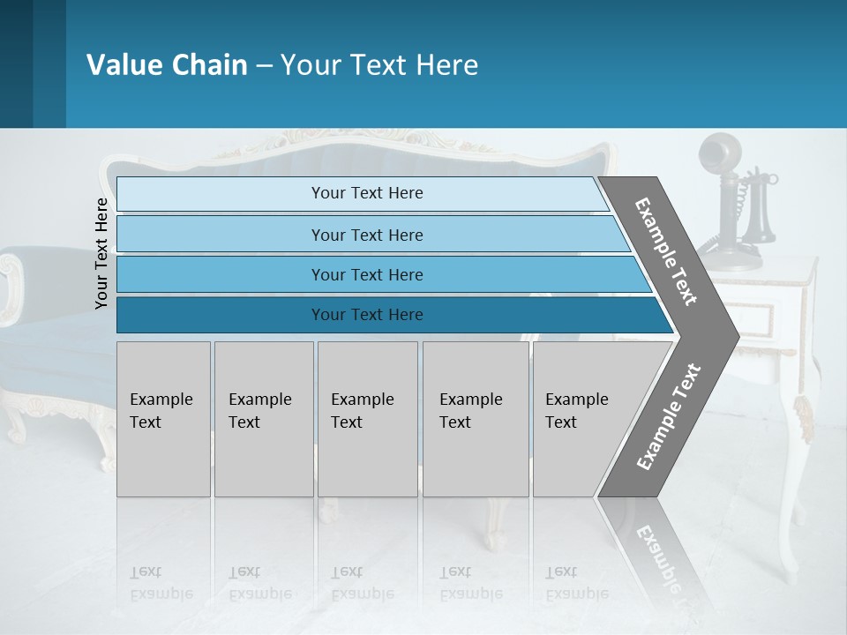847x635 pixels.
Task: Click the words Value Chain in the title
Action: [167, 65]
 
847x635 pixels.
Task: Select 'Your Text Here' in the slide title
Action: [379, 65]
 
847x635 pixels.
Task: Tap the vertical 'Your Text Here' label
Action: [101, 253]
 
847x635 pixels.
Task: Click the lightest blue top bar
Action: [362, 193]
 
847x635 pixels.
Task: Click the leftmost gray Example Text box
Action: [163, 419]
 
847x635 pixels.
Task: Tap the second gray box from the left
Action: [263, 419]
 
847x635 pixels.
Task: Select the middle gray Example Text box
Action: [367, 419]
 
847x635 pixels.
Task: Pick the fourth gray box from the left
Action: [475, 419]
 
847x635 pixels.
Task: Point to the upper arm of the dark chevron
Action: [666, 250]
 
